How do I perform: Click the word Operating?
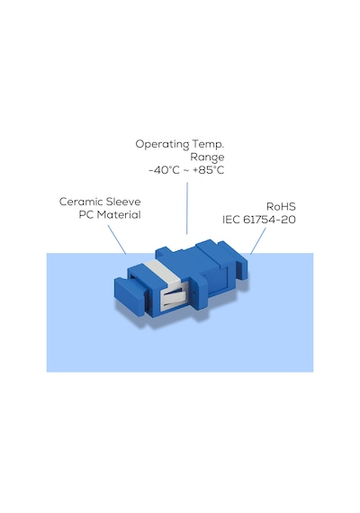[162, 144]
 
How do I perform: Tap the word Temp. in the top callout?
[208, 144]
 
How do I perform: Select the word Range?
[207, 157]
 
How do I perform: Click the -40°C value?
[165, 170]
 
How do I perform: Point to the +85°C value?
[209, 170]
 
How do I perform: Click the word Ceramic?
[81, 202]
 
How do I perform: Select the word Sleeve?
[123, 202]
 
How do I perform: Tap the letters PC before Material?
[86, 214]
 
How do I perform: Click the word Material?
[119, 214]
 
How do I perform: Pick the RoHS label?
[281, 206]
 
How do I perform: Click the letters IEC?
[231, 220]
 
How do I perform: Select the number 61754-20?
[269, 220]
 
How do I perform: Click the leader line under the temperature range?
[187, 208]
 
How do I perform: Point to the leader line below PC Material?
[117, 239]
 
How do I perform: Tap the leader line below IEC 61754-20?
[258, 241]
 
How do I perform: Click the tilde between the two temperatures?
[186, 171]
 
